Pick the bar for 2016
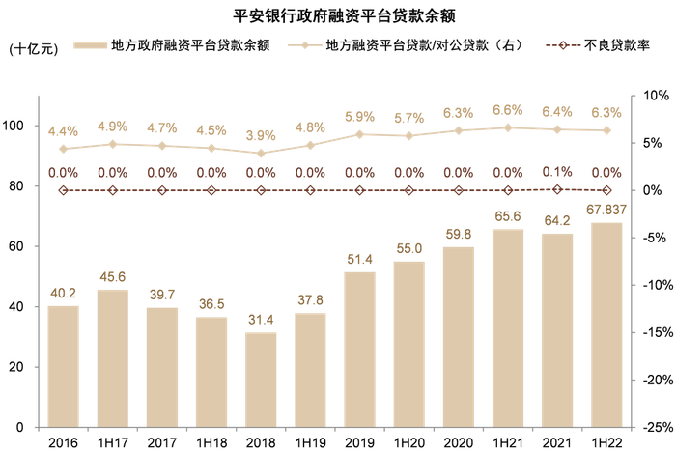(64, 366)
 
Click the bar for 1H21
(508, 327)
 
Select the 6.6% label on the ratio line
(508, 110)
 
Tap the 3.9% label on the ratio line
(261, 135)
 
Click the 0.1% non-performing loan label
(557, 172)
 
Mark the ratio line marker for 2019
(360, 134)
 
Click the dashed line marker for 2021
(557, 189)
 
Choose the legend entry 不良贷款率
(604, 45)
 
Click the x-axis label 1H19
(310, 441)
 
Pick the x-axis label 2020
(459, 441)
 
